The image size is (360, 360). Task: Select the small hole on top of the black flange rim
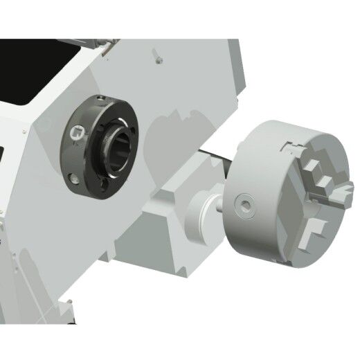[x=101, y=96]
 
